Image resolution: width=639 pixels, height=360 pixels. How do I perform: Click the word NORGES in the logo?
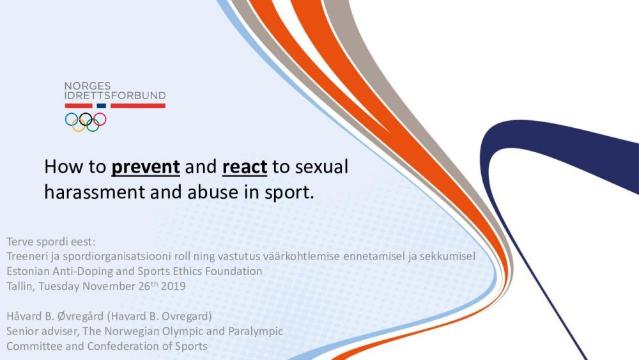[87, 86]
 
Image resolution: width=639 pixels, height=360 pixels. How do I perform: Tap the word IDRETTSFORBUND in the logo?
[115, 96]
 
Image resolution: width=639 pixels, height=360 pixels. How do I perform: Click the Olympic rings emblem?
[86, 122]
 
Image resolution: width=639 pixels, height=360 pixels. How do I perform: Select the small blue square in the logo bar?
[102, 106]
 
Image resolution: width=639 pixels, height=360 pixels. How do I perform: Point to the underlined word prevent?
[146, 167]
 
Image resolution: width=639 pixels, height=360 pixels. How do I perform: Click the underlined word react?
[245, 167]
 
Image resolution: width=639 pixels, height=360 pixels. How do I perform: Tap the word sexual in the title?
[321, 167]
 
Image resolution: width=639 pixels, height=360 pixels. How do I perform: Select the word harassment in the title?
[95, 192]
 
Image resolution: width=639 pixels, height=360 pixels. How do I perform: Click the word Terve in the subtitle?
[20, 242]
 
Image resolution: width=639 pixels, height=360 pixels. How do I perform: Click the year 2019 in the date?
[173, 286]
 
